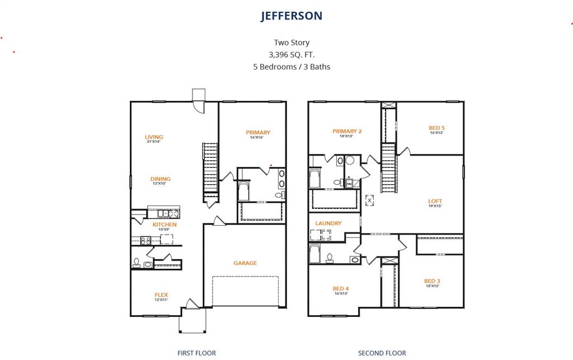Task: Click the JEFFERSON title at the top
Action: pos(291,16)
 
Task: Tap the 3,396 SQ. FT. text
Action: pos(291,54)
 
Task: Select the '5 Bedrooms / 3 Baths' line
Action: pos(291,67)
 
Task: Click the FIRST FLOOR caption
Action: pos(196,353)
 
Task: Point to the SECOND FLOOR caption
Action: pos(382,353)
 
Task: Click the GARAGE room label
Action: pos(245,263)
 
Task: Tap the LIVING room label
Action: pos(154,137)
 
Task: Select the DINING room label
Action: pos(161,179)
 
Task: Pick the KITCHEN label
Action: pos(165,225)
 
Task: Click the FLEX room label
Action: pos(161,295)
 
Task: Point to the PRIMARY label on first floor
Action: pos(258,133)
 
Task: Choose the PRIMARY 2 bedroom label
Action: pos(347,132)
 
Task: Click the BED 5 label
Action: pos(436,128)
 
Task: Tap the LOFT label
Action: pos(435,201)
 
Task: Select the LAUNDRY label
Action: pos(328,223)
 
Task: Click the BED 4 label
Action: pos(341,288)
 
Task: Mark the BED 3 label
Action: pos(432,281)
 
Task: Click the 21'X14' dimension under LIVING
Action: pos(153,142)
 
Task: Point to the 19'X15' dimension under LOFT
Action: pos(435,206)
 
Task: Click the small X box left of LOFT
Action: pos(369,200)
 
